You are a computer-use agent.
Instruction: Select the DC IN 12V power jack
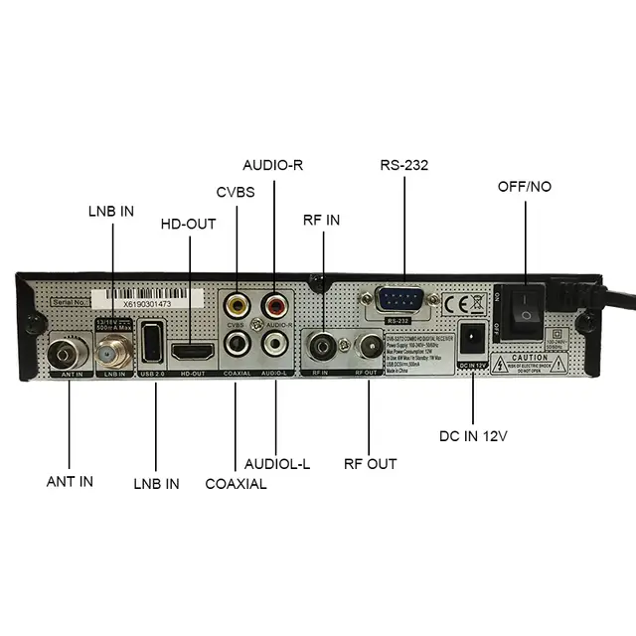click(x=473, y=339)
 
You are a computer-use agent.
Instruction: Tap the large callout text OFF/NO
click(x=526, y=186)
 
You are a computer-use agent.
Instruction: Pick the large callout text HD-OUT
click(x=189, y=225)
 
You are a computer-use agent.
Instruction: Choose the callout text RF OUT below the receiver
click(x=370, y=463)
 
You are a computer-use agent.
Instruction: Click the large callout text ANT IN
click(x=70, y=481)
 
